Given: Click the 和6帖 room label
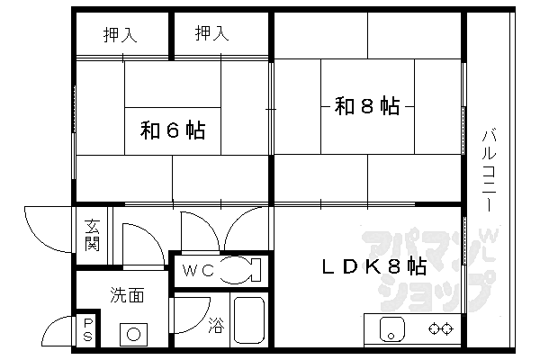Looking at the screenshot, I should coord(172,131).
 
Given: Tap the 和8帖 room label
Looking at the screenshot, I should coord(367,106).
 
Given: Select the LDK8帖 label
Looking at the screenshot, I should coord(375,266).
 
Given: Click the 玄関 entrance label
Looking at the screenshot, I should coord(93,235).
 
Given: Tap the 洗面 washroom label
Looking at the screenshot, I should coord(127,294).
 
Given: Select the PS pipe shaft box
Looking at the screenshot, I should coord(88,329).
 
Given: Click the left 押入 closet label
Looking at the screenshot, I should coord(120,35).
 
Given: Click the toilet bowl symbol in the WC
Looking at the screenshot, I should coord(238,269).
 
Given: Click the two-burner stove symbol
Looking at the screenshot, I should coord(440,328).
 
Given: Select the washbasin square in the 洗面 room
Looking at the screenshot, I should coord(134,333).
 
